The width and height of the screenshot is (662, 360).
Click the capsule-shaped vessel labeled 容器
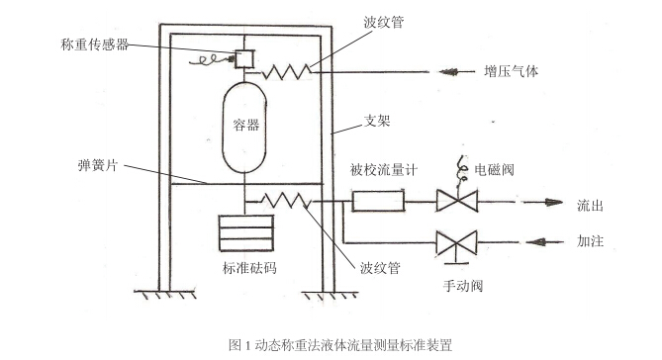click(240, 126)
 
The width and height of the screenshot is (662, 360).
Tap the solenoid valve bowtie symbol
click(457, 203)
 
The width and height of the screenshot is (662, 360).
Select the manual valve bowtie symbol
click(457, 240)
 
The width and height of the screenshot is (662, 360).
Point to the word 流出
click(591, 205)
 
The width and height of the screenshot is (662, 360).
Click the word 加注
click(591, 241)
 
